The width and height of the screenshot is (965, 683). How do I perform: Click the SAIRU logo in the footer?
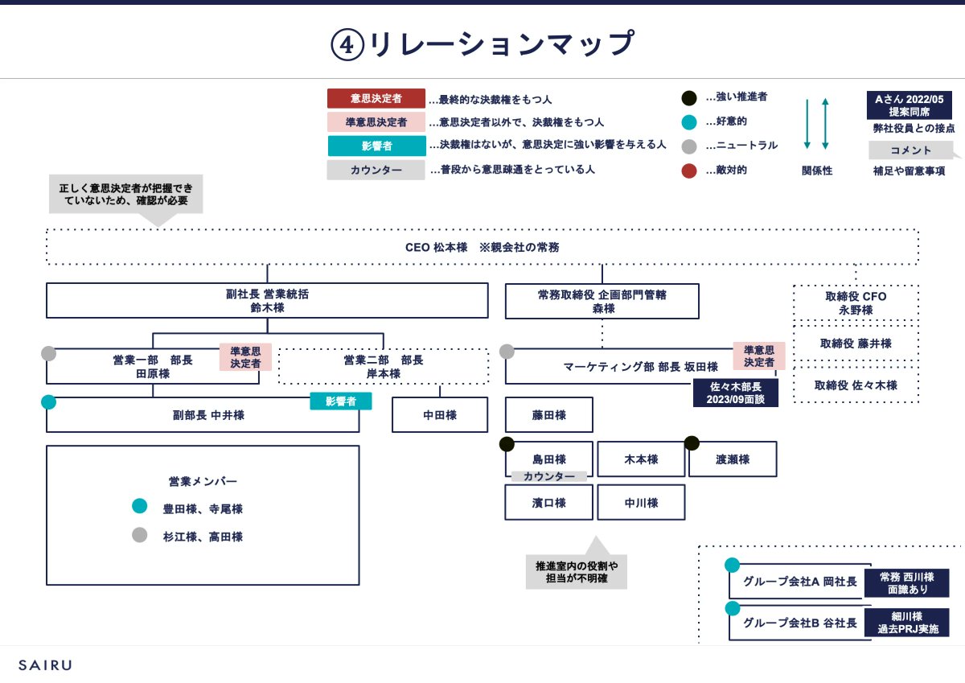[x=45, y=665]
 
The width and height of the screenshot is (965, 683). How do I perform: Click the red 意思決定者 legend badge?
[x=376, y=99]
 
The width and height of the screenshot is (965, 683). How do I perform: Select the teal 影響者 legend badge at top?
[x=376, y=146]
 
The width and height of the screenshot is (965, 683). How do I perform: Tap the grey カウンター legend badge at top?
[x=376, y=171]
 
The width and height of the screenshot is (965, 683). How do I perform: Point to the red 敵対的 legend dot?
[x=688, y=171]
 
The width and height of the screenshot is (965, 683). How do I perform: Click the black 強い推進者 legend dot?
[x=688, y=98]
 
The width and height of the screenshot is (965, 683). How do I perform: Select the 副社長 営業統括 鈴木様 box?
[x=267, y=301]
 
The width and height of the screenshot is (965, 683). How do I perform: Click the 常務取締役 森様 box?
[x=602, y=301]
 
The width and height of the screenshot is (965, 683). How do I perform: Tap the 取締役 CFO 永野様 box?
[x=856, y=303]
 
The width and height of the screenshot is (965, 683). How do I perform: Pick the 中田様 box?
[x=440, y=415]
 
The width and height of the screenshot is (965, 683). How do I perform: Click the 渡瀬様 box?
[x=733, y=459]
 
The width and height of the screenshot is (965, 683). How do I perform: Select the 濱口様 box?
[x=548, y=503]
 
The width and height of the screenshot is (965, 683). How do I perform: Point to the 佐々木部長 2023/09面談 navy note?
[x=736, y=393]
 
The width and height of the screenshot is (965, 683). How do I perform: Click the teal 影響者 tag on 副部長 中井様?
[x=341, y=401]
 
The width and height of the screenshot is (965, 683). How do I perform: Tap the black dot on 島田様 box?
[x=507, y=443]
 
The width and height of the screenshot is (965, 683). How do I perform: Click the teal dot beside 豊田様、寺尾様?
[x=140, y=507]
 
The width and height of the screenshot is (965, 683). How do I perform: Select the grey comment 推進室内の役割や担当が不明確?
[x=577, y=571]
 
